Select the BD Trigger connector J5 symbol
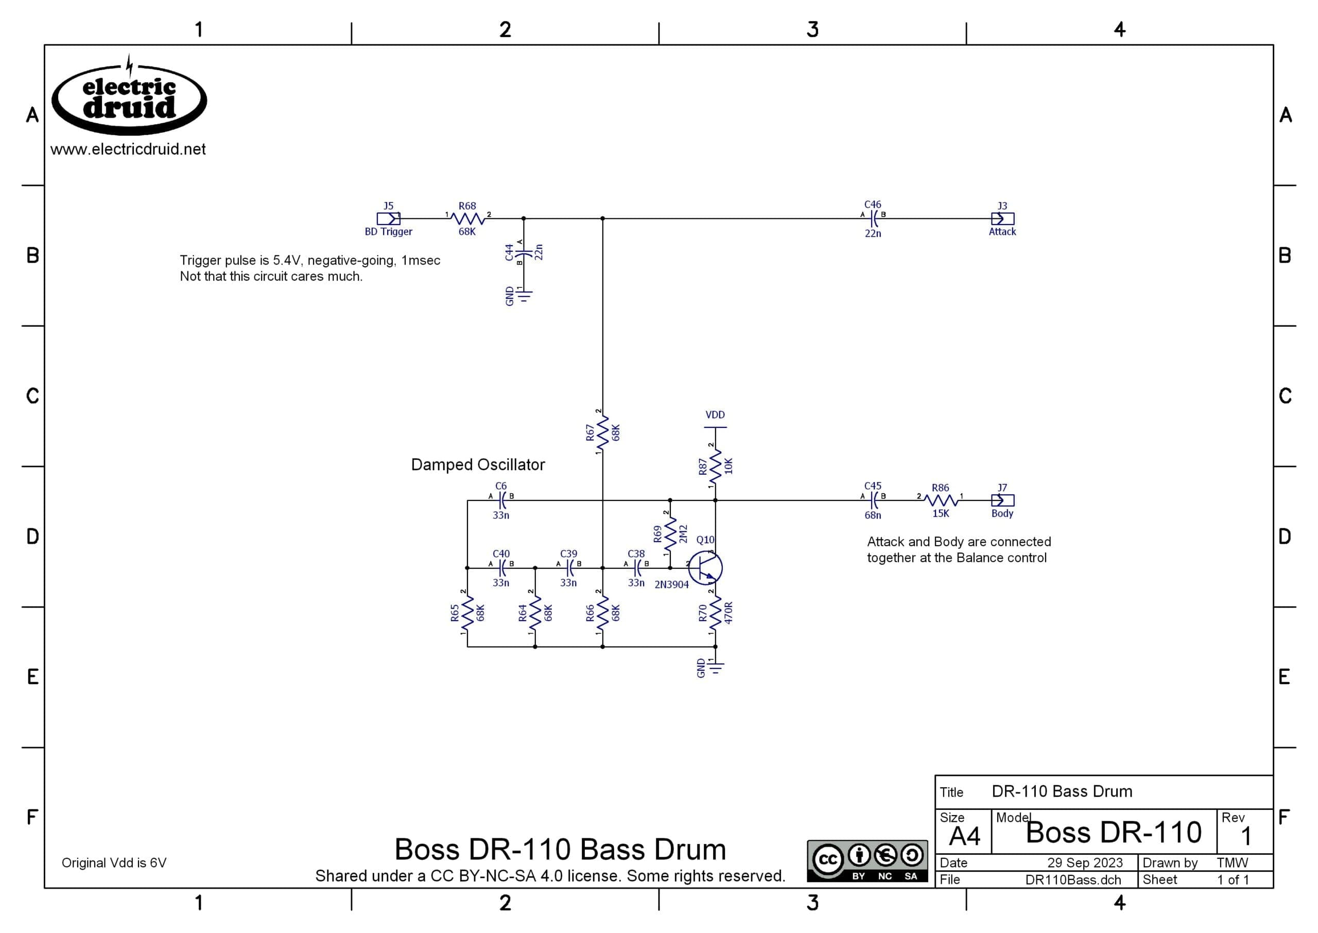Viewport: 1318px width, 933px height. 388,218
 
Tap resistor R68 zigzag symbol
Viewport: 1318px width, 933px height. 467,218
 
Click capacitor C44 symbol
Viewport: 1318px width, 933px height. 523,252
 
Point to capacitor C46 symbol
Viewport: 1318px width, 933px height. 873,218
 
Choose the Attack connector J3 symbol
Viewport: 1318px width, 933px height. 1003,218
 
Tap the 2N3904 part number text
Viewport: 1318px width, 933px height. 671,585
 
